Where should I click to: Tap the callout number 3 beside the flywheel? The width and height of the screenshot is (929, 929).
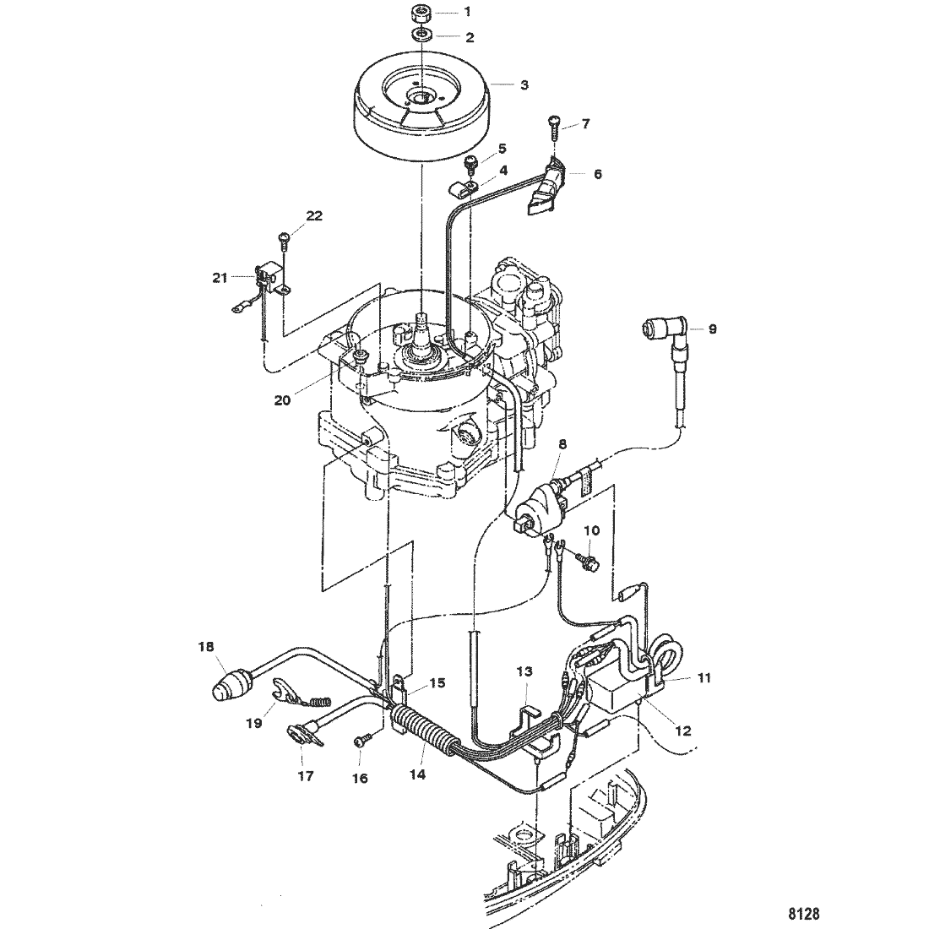point(524,85)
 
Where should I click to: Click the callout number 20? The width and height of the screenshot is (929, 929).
point(283,400)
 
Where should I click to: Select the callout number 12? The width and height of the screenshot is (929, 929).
point(683,731)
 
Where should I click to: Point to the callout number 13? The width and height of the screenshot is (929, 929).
point(524,671)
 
